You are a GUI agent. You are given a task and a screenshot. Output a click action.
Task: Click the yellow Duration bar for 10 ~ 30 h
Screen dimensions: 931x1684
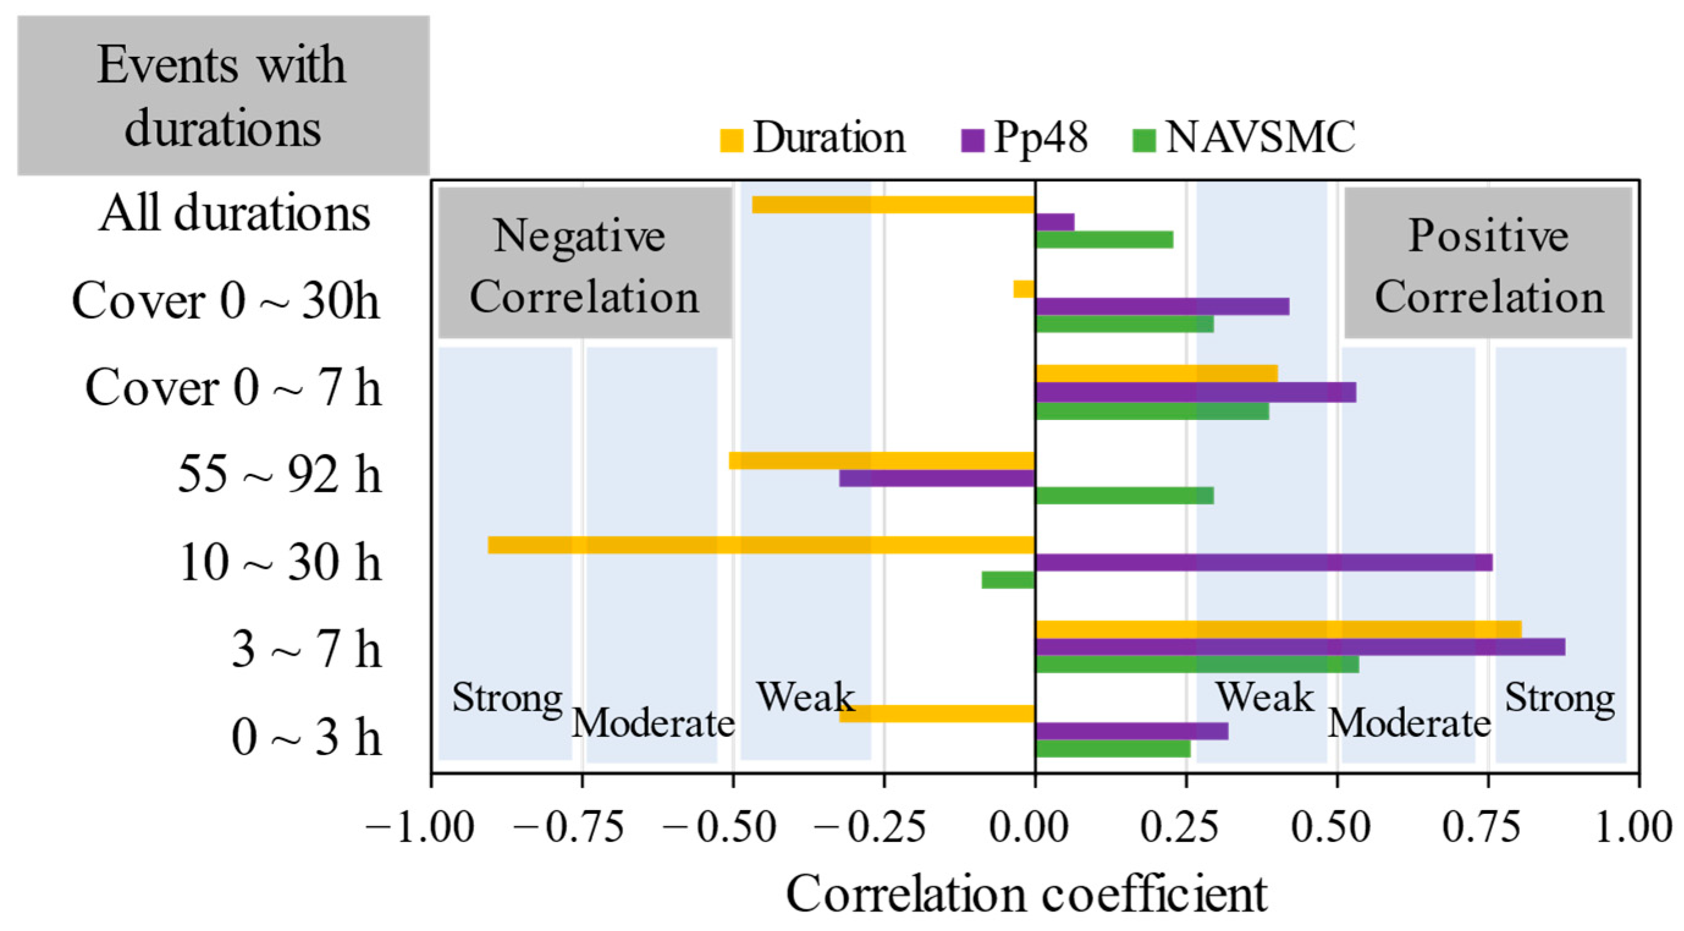[x=761, y=545]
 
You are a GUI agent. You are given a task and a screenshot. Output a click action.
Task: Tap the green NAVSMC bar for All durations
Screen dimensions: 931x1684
[x=1104, y=240]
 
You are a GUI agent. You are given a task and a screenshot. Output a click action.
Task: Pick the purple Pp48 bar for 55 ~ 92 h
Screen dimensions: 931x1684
[x=937, y=478]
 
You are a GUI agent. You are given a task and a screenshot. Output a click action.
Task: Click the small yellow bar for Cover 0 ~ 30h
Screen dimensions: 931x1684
[x=1024, y=289]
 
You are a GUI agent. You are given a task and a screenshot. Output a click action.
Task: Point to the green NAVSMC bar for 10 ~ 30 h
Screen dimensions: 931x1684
[x=1007, y=580]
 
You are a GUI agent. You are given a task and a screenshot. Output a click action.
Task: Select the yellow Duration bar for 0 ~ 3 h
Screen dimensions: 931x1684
[x=937, y=713]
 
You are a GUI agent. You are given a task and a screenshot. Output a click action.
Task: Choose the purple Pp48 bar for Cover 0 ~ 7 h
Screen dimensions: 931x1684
[x=1196, y=393]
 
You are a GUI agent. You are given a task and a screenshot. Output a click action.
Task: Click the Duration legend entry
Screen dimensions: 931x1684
[x=814, y=139]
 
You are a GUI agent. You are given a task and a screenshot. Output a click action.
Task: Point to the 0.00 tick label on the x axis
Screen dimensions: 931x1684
[x=1028, y=827]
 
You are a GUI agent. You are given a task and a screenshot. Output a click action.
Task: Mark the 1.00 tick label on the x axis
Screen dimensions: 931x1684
[x=1634, y=827]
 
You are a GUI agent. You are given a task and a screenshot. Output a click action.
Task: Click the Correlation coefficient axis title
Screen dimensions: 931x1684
[x=1026, y=894]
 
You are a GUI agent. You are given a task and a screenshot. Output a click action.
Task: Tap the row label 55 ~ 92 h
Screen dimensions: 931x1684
[x=279, y=474]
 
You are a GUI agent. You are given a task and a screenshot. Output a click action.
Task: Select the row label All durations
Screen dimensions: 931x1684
[x=234, y=214]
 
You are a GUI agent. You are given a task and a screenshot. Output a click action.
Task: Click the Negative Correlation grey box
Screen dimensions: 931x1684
[x=585, y=263]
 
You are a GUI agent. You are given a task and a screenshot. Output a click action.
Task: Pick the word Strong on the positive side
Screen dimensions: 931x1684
[x=1559, y=698]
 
